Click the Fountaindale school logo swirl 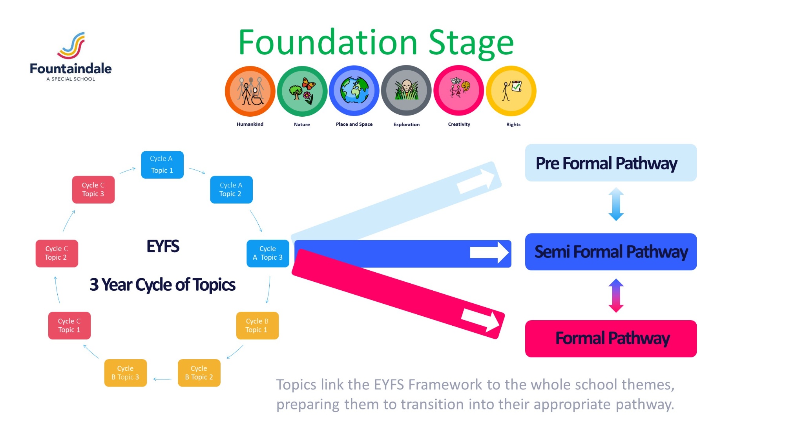click(x=72, y=45)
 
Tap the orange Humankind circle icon click(x=250, y=91)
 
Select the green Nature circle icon click(x=302, y=91)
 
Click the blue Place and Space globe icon click(x=354, y=91)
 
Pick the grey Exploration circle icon click(x=406, y=91)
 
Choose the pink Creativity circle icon click(x=459, y=91)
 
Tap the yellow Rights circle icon click(x=511, y=91)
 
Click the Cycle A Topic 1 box click(x=162, y=165)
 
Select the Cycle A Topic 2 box click(x=231, y=190)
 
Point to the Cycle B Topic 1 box click(x=257, y=326)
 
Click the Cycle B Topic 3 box click(x=126, y=373)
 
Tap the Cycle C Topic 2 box click(x=57, y=253)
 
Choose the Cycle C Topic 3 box click(x=93, y=190)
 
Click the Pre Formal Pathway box click(x=611, y=163)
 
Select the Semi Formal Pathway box click(x=611, y=252)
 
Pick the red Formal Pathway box click(x=611, y=339)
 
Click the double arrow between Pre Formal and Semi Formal click(x=616, y=204)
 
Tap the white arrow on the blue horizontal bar click(x=489, y=252)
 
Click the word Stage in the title click(x=471, y=43)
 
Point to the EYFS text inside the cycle click(x=163, y=246)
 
